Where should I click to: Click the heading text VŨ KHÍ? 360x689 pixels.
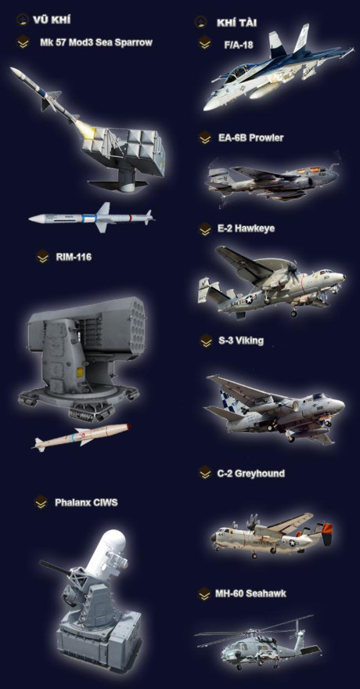[x=52, y=20]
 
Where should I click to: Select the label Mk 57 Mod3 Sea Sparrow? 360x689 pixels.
[x=95, y=42]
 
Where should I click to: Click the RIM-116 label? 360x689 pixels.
[x=74, y=257]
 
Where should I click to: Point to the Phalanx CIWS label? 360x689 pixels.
[x=86, y=502]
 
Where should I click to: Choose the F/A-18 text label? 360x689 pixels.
[x=239, y=45]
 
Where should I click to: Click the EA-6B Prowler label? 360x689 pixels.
[x=251, y=138]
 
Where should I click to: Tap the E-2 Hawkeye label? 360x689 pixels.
[x=247, y=229]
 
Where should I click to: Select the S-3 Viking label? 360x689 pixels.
[x=241, y=341]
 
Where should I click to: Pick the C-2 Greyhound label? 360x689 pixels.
[x=250, y=474]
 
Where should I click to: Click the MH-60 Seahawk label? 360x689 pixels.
[x=250, y=593]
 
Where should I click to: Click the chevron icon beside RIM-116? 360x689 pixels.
[x=42, y=257]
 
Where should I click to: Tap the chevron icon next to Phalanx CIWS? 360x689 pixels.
[x=41, y=502]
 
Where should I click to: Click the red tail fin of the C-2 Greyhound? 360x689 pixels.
[x=327, y=534]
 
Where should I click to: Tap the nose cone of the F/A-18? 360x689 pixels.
[x=209, y=106]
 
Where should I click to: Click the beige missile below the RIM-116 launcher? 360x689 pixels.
[x=81, y=436]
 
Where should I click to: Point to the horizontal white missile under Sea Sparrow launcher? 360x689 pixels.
[x=91, y=218]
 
